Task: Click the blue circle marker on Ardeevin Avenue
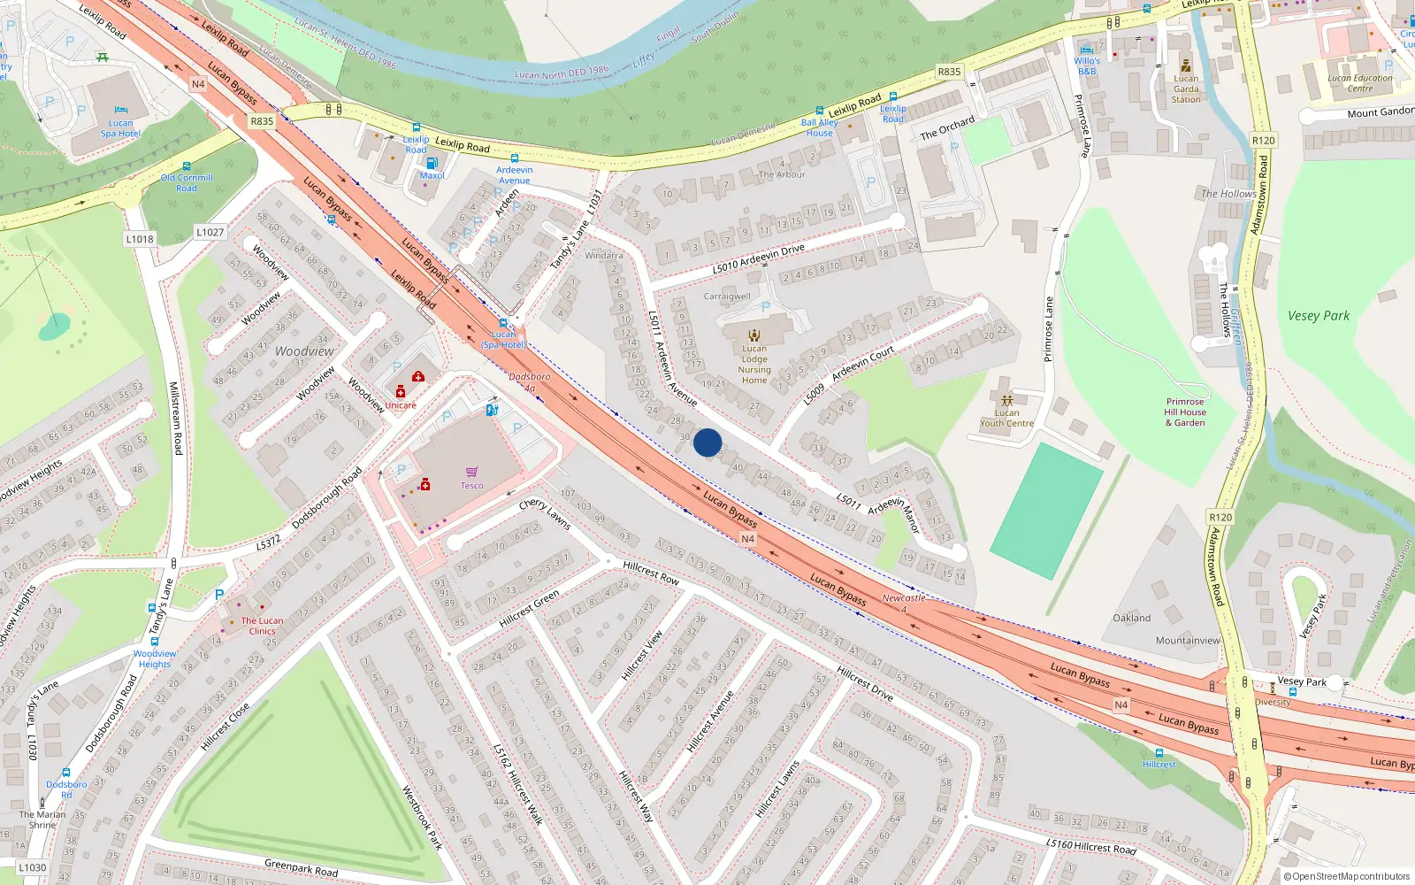point(707,442)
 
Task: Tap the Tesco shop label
point(471,485)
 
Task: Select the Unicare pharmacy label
point(400,405)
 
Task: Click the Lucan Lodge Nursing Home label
point(754,364)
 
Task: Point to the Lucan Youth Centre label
point(1006,418)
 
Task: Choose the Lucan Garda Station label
point(1186,88)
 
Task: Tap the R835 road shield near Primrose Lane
point(949,72)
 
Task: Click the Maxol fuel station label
point(432,175)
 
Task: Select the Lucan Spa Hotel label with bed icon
point(120,128)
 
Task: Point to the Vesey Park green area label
point(1319,316)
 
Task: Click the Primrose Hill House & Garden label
point(1185,412)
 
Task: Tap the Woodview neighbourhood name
point(304,351)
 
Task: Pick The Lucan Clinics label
point(262,626)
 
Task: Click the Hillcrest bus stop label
point(1159,764)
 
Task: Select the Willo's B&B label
point(1087,66)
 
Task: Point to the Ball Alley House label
point(819,128)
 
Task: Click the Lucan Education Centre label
point(1360,83)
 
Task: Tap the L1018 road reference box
point(140,239)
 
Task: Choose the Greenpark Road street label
point(301,867)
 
